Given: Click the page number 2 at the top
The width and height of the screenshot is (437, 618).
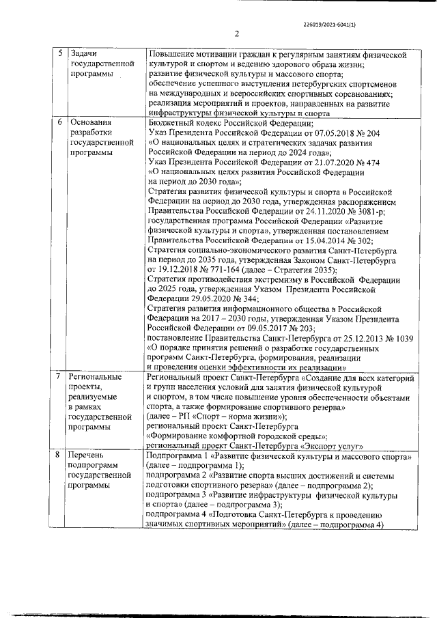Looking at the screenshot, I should coord(236,34).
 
